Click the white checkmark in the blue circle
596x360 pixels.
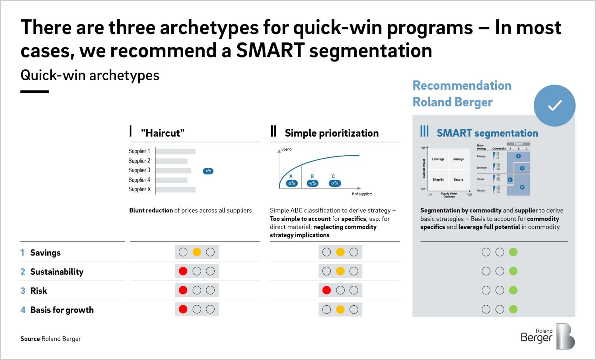[555, 105]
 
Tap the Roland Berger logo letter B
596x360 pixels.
[565, 337]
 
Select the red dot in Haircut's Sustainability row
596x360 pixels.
[183, 271]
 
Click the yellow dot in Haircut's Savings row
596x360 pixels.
[197, 252]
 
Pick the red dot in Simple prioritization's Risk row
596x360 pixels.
[327, 290]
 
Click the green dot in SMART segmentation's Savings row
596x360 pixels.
[513, 252]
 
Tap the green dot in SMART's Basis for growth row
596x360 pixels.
[513, 309]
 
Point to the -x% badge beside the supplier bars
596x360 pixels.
[208, 171]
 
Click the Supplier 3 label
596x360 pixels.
[139, 170]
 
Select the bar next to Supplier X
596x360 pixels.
[175, 189]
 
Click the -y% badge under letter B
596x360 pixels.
[313, 183]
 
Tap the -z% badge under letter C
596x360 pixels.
[335, 183]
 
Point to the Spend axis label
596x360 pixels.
[286, 149]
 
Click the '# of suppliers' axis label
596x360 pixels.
[362, 194]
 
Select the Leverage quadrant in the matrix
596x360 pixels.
[438, 159]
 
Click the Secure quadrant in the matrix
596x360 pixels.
[459, 179]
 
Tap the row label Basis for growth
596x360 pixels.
[62, 310]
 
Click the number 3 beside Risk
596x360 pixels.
[23, 291]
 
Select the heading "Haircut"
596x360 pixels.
[162, 133]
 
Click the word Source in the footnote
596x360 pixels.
[30, 339]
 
